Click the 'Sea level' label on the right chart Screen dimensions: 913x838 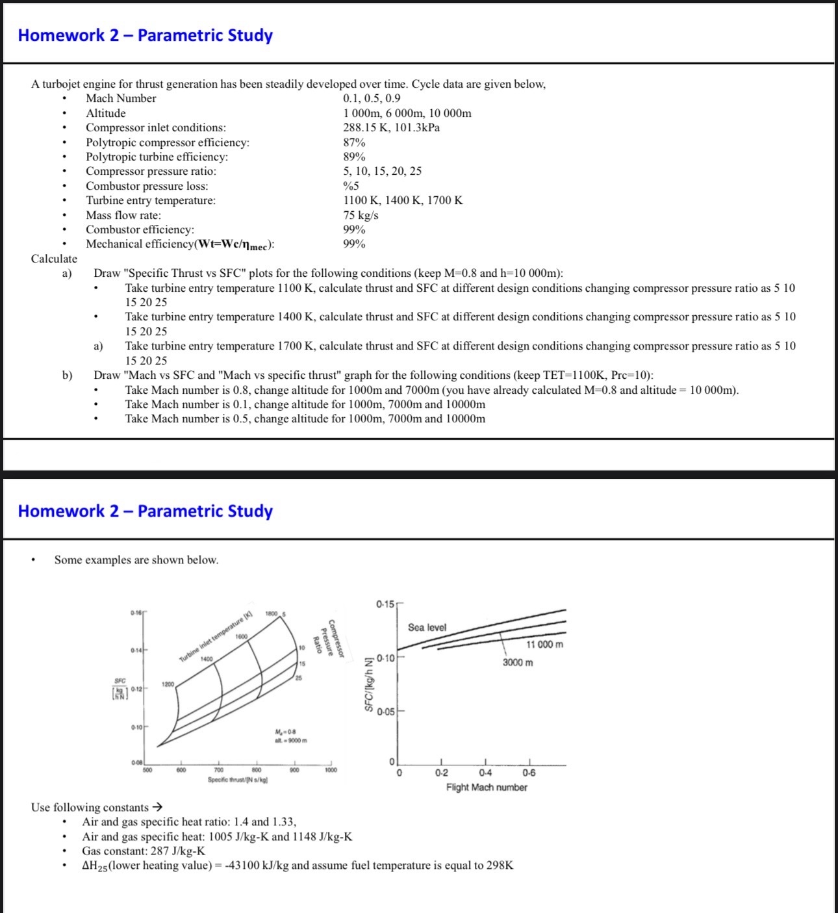point(427,627)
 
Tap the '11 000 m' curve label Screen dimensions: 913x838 point(544,644)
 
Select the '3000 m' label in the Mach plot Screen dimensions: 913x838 point(518,662)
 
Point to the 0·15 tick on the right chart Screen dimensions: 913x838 point(385,604)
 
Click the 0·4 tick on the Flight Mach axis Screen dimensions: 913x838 point(485,773)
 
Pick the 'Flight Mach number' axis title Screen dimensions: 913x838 point(487,787)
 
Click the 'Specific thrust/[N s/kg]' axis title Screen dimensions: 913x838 point(238,779)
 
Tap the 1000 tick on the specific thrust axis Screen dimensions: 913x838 point(331,770)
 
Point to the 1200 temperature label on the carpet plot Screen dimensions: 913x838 point(168,684)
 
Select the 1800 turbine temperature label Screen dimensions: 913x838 point(271,613)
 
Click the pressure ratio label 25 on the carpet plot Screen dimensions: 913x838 point(298,678)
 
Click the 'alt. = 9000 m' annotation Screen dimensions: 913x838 point(290,740)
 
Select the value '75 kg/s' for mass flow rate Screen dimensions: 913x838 point(361,215)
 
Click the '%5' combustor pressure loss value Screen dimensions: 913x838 point(351,186)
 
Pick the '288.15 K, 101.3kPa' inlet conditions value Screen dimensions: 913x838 point(391,127)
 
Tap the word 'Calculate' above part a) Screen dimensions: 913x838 point(54,259)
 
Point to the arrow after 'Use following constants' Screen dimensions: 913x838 point(157,807)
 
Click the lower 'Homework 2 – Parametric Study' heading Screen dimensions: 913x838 point(146,511)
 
